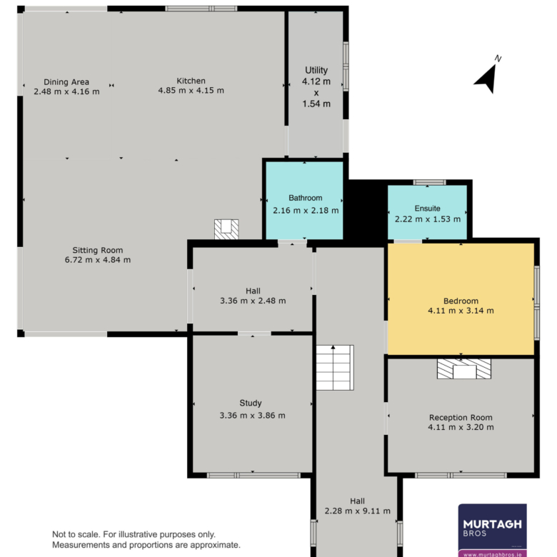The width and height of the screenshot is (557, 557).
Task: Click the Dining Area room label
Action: coord(66,82)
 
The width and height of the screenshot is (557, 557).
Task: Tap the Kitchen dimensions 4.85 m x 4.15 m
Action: coord(191,91)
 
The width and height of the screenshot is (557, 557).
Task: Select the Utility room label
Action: coord(316,70)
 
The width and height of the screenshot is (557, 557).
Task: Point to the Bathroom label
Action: coord(306,198)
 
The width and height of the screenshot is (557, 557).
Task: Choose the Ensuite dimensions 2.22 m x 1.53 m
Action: coord(428,219)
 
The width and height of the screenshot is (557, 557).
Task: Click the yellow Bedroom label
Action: coord(461,301)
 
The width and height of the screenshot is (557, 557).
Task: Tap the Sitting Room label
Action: coord(98,250)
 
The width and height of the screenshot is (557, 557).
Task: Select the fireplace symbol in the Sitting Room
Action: coord(226,229)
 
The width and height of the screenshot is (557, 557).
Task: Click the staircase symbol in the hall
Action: coord(335,367)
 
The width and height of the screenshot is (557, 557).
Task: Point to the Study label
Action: coord(251,403)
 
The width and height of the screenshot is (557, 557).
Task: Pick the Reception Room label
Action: coord(461,418)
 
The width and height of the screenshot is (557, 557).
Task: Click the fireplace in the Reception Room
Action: coord(464,368)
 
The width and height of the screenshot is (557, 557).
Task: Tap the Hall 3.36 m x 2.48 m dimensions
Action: coord(253,301)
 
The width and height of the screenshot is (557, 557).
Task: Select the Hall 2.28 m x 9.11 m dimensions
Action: coord(357,511)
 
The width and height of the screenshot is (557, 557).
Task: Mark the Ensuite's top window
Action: coord(429,182)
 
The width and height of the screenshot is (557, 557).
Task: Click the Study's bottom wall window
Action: coord(254,476)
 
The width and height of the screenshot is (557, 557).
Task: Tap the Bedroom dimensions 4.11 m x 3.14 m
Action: coord(461,311)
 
